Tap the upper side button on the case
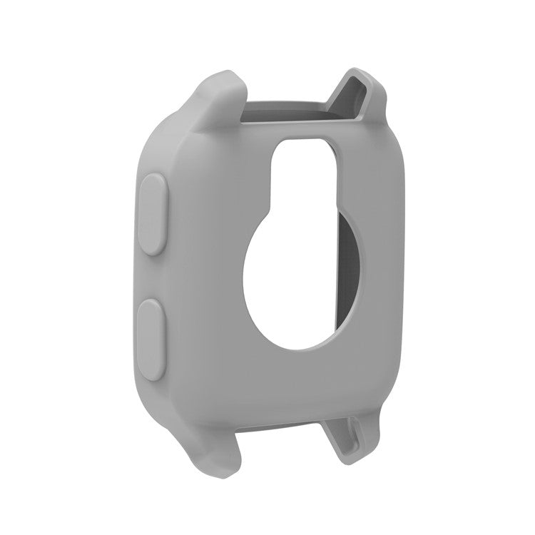[x=153, y=214]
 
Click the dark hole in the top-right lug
[x=360, y=88]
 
